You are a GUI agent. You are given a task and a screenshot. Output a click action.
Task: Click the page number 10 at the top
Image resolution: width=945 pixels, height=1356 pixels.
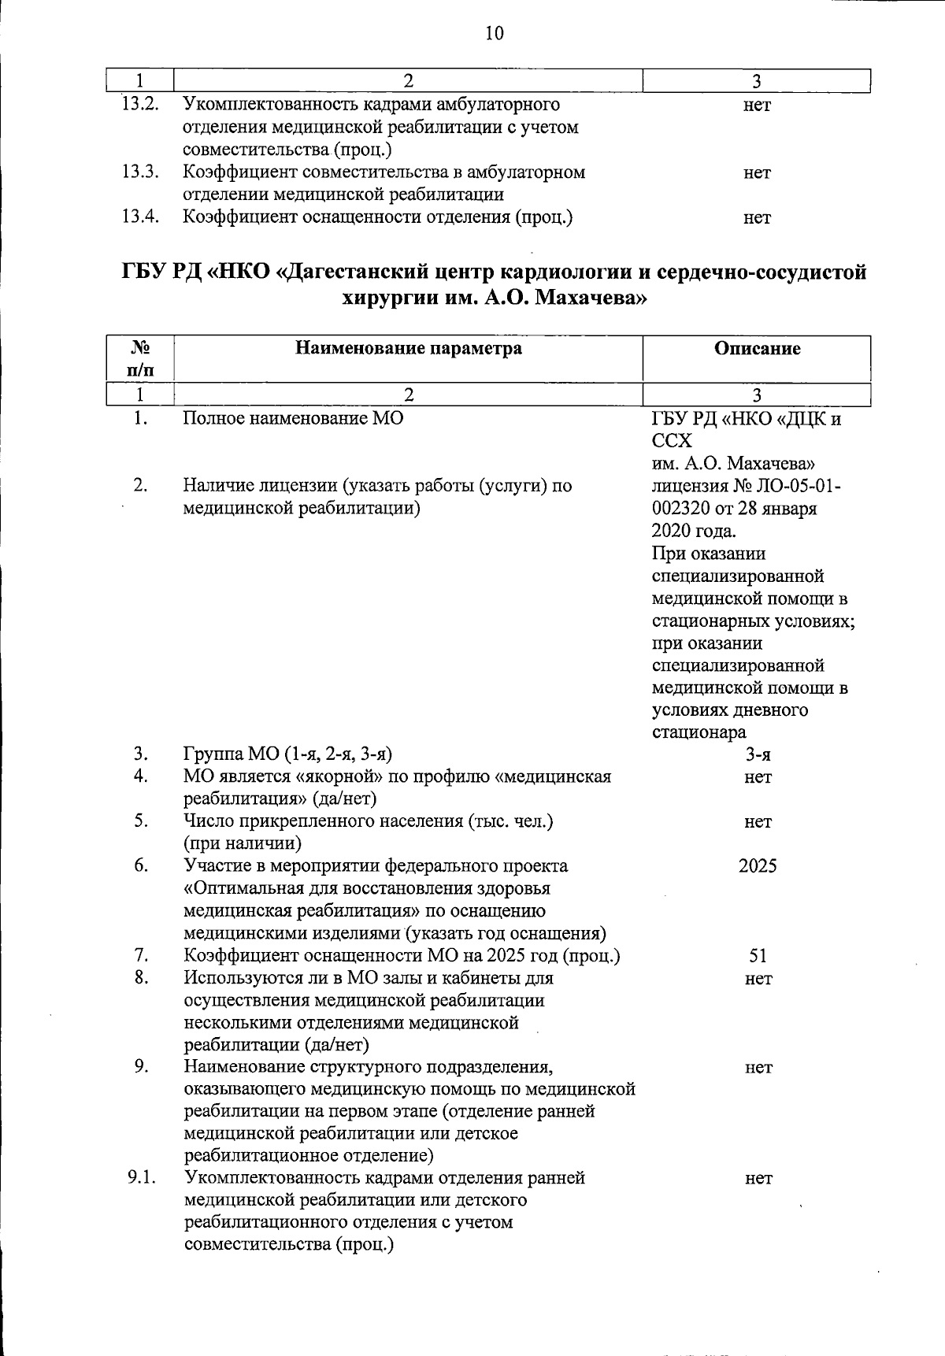click(494, 32)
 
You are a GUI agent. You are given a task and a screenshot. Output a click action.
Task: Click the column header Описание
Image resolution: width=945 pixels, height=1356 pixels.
click(757, 349)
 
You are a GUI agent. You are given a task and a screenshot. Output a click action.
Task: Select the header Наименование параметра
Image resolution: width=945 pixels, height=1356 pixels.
click(408, 348)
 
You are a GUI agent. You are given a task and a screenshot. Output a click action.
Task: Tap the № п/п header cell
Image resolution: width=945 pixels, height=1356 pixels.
click(140, 358)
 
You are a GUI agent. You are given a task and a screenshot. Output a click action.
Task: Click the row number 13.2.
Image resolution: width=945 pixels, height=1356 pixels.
click(140, 104)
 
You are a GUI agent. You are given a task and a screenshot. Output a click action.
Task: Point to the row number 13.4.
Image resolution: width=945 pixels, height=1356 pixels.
click(140, 217)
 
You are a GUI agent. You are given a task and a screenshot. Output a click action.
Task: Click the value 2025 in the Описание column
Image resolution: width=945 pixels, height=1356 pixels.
click(757, 866)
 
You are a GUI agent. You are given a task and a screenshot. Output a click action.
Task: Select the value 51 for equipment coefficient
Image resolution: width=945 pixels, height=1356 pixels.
click(757, 956)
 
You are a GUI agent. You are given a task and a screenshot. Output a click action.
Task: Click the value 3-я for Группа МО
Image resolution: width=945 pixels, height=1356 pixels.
click(757, 755)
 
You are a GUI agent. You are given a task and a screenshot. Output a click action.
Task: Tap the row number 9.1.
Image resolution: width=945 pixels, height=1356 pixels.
click(142, 1178)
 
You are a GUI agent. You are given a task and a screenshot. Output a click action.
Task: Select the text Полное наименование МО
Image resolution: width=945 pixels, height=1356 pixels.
click(293, 418)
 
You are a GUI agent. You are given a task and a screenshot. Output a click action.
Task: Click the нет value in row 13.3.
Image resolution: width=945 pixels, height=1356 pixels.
click(757, 172)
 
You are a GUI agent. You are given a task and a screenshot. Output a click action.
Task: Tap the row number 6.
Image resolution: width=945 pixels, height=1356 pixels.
click(140, 865)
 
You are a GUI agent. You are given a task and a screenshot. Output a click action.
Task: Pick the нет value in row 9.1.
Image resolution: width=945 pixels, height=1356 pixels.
click(758, 1179)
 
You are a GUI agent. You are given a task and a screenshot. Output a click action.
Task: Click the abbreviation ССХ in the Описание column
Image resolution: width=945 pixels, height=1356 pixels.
click(672, 441)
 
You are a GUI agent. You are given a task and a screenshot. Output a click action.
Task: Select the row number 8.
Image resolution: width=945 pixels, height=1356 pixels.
click(140, 978)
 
